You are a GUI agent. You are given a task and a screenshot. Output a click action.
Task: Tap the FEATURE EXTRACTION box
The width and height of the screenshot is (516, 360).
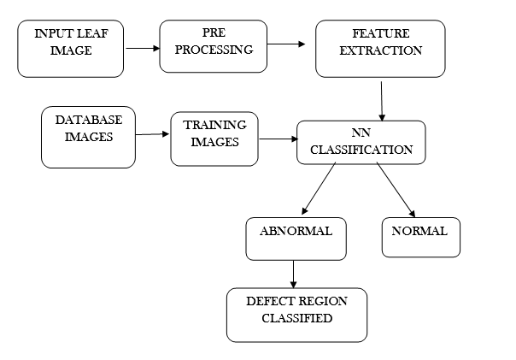pyautogui.click(x=380, y=49)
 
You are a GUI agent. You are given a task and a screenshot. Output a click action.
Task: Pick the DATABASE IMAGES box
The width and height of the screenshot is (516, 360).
pyautogui.click(x=88, y=137)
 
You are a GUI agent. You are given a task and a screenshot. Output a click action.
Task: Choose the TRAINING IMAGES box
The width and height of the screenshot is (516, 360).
pyautogui.click(x=214, y=139)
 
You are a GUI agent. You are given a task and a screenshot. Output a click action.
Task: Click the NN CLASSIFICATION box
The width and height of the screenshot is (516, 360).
pyautogui.click(x=361, y=143)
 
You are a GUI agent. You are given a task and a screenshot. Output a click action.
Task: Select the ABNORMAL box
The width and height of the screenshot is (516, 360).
pyautogui.click(x=296, y=239)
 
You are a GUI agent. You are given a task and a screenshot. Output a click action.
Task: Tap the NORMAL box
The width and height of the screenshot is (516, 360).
pyautogui.click(x=420, y=237)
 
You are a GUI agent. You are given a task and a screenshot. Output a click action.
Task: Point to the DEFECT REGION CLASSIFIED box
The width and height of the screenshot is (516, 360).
pyautogui.click(x=296, y=315)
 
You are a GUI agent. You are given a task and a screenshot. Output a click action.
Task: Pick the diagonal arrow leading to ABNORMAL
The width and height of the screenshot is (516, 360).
pyautogui.click(x=319, y=189)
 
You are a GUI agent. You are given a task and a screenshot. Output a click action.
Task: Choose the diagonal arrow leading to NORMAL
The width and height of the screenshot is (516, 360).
pyautogui.click(x=395, y=189)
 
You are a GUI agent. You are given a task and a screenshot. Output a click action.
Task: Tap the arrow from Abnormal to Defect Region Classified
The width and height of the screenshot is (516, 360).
pyautogui.click(x=294, y=274)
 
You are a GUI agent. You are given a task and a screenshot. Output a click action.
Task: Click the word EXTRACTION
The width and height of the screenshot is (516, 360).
pyautogui.click(x=380, y=50)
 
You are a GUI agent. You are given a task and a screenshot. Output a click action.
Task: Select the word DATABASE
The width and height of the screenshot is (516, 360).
pyautogui.click(x=89, y=120)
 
